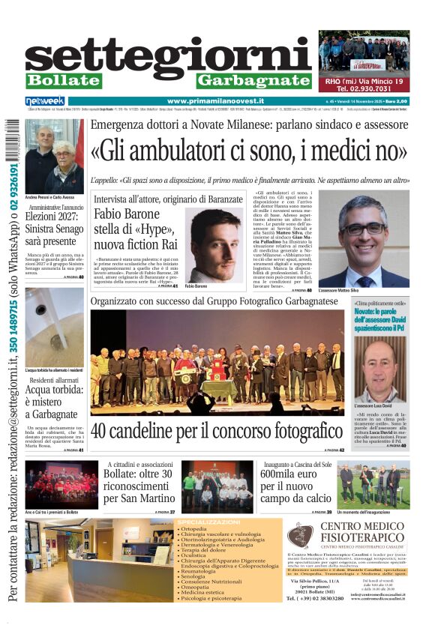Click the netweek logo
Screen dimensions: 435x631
pyautogui.click(x=45, y=100)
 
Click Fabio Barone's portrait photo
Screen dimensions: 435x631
pyautogui.click(x=214, y=245)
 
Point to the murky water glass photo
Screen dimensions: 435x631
pyautogui.click(x=54, y=327)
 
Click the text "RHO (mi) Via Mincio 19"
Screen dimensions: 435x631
pyautogui.click(x=364, y=80)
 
